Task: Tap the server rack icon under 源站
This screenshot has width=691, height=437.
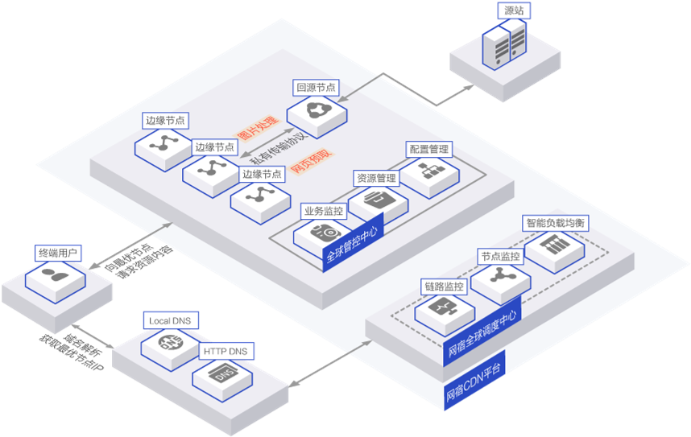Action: coord(504,44)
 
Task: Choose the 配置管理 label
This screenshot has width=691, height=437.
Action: coord(428,149)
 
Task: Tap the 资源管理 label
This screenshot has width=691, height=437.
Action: coord(376,177)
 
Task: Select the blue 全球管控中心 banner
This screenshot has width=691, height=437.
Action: coord(350,245)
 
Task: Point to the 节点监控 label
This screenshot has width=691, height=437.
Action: coord(500,256)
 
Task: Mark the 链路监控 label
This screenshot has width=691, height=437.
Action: coord(444,286)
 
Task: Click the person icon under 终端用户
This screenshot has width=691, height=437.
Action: coord(55,278)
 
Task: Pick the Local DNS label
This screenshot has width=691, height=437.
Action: coord(169,320)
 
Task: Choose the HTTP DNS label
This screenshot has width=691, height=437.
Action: coord(226,351)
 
